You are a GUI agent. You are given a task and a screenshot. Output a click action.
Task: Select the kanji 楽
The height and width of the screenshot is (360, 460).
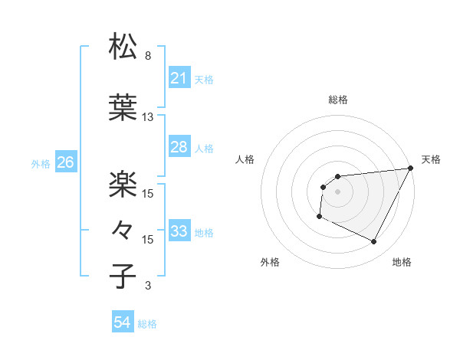click(x=123, y=183)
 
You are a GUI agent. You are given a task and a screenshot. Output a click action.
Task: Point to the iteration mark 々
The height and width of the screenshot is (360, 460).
click(x=123, y=228)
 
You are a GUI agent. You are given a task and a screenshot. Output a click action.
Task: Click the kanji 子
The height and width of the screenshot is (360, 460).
click(x=123, y=275)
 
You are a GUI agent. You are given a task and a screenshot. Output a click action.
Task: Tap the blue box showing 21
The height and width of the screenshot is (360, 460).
click(x=179, y=78)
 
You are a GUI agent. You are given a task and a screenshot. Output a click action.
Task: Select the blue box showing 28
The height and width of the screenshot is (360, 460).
click(x=179, y=147)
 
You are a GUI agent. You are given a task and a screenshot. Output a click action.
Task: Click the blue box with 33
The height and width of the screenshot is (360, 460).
click(x=179, y=231)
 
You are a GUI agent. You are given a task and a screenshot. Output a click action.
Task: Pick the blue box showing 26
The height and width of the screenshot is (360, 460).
click(x=65, y=162)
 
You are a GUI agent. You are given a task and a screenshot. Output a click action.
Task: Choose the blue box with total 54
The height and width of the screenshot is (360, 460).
click(x=122, y=323)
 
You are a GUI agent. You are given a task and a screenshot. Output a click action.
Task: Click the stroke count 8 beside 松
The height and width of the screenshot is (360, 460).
click(x=148, y=56)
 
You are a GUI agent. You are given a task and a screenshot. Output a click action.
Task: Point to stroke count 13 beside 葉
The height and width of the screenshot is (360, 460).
click(x=148, y=117)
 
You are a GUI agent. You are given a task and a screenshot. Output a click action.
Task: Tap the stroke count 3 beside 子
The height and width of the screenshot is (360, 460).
click(x=148, y=286)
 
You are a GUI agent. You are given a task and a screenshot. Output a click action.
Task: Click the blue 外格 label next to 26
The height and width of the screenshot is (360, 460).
click(x=41, y=163)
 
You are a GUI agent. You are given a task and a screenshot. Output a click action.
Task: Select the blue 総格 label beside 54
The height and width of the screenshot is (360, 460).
click(x=147, y=324)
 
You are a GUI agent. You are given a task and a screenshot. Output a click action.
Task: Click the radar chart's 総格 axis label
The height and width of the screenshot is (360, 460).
click(x=338, y=100)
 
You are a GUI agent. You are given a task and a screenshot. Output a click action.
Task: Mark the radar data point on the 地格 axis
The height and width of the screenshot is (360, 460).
click(x=374, y=242)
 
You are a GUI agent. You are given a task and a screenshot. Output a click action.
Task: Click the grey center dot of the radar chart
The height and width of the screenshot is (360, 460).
click(x=338, y=191)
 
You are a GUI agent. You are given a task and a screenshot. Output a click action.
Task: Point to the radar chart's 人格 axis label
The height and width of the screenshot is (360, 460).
click(x=245, y=159)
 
